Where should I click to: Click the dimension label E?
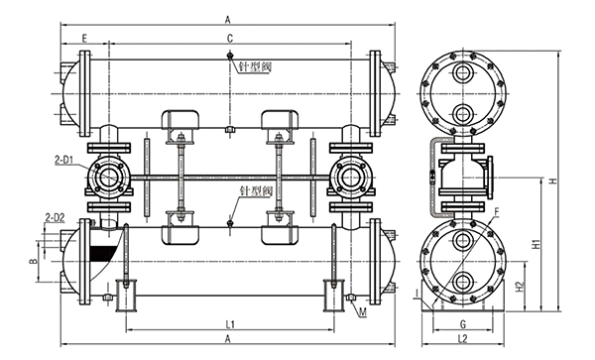[84, 38]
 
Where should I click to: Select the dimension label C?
[230, 39]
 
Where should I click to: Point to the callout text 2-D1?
[63, 161]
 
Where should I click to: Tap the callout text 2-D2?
[55, 217]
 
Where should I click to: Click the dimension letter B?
[34, 261]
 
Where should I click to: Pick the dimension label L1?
[230, 324]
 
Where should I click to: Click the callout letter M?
[363, 312]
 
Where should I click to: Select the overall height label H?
[553, 180]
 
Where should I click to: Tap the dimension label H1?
[535, 244]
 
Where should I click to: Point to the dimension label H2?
[520, 287]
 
